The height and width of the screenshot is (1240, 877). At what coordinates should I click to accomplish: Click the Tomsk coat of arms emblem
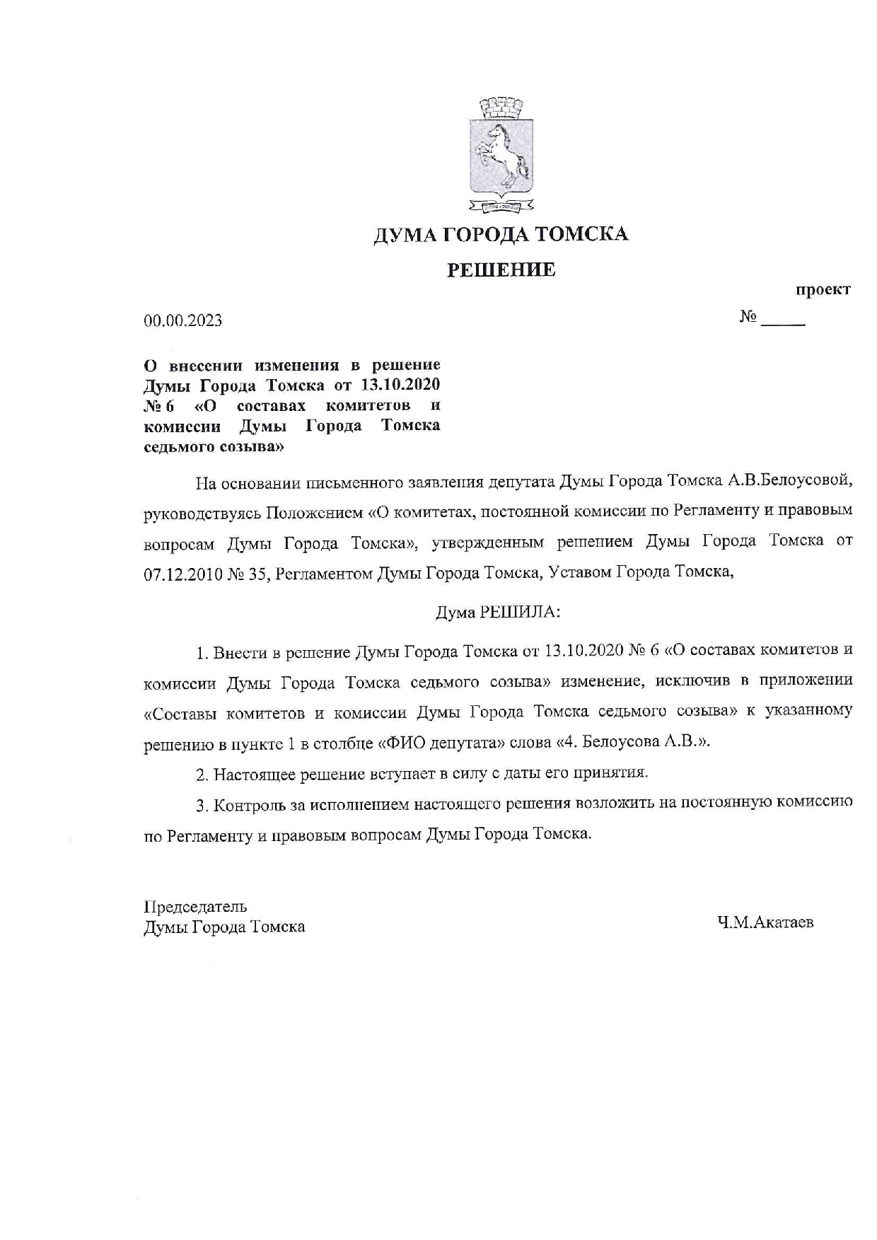point(501,157)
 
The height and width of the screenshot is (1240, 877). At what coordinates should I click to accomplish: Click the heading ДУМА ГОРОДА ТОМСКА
point(501,234)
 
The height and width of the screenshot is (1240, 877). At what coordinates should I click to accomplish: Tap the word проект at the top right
point(823,290)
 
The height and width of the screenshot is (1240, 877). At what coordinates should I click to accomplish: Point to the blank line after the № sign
point(783,322)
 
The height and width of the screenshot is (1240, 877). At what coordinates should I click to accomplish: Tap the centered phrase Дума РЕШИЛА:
point(498,612)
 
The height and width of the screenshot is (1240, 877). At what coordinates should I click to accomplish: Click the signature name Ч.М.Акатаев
point(765,922)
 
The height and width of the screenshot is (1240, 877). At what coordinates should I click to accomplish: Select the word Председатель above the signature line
point(196,907)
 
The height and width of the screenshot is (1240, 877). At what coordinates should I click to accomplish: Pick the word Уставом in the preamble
point(580,573)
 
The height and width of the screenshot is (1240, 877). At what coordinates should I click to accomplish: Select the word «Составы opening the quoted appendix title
point(180,712)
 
